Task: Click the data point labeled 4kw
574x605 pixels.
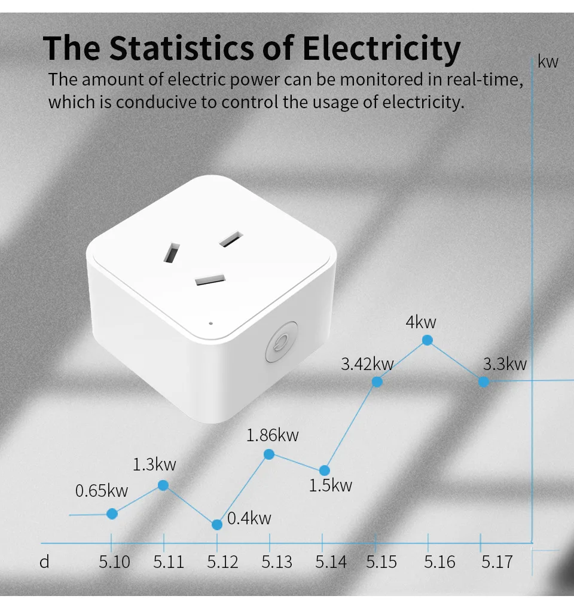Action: pos(427,340)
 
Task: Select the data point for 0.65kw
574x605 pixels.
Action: pos(112,514)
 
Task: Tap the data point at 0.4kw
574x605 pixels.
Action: pos(217,524)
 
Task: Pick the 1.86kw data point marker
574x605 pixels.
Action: pos(269,454)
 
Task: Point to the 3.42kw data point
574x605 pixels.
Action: pos(377,381)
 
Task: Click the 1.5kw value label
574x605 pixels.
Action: pos(331,485)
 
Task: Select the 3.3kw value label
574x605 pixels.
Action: pos(505,363)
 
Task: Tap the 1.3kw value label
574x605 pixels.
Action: pos(154,464)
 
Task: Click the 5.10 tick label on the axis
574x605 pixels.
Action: pos(114,563)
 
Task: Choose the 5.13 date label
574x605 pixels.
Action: pos(277,563)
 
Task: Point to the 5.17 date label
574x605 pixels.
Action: pos(497,563)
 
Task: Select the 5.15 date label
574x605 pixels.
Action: pos(381,563)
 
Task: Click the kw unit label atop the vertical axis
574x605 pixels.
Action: pos(548,62)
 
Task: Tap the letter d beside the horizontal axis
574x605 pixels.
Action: pos(44,563)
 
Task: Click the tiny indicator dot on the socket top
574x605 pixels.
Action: pos(210,323)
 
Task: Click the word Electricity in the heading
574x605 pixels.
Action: pos(381,49)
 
